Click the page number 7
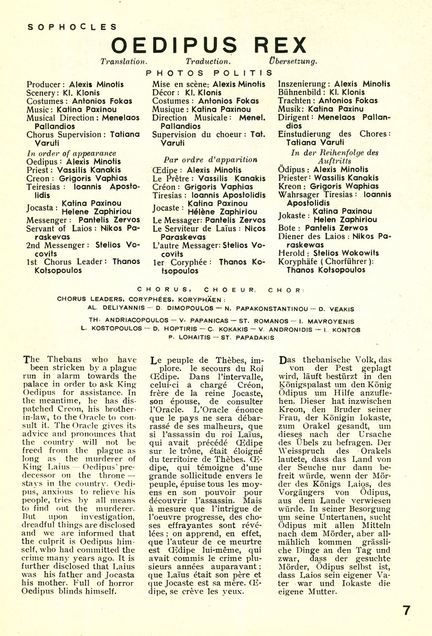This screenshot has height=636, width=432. click(x=407, y=610)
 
